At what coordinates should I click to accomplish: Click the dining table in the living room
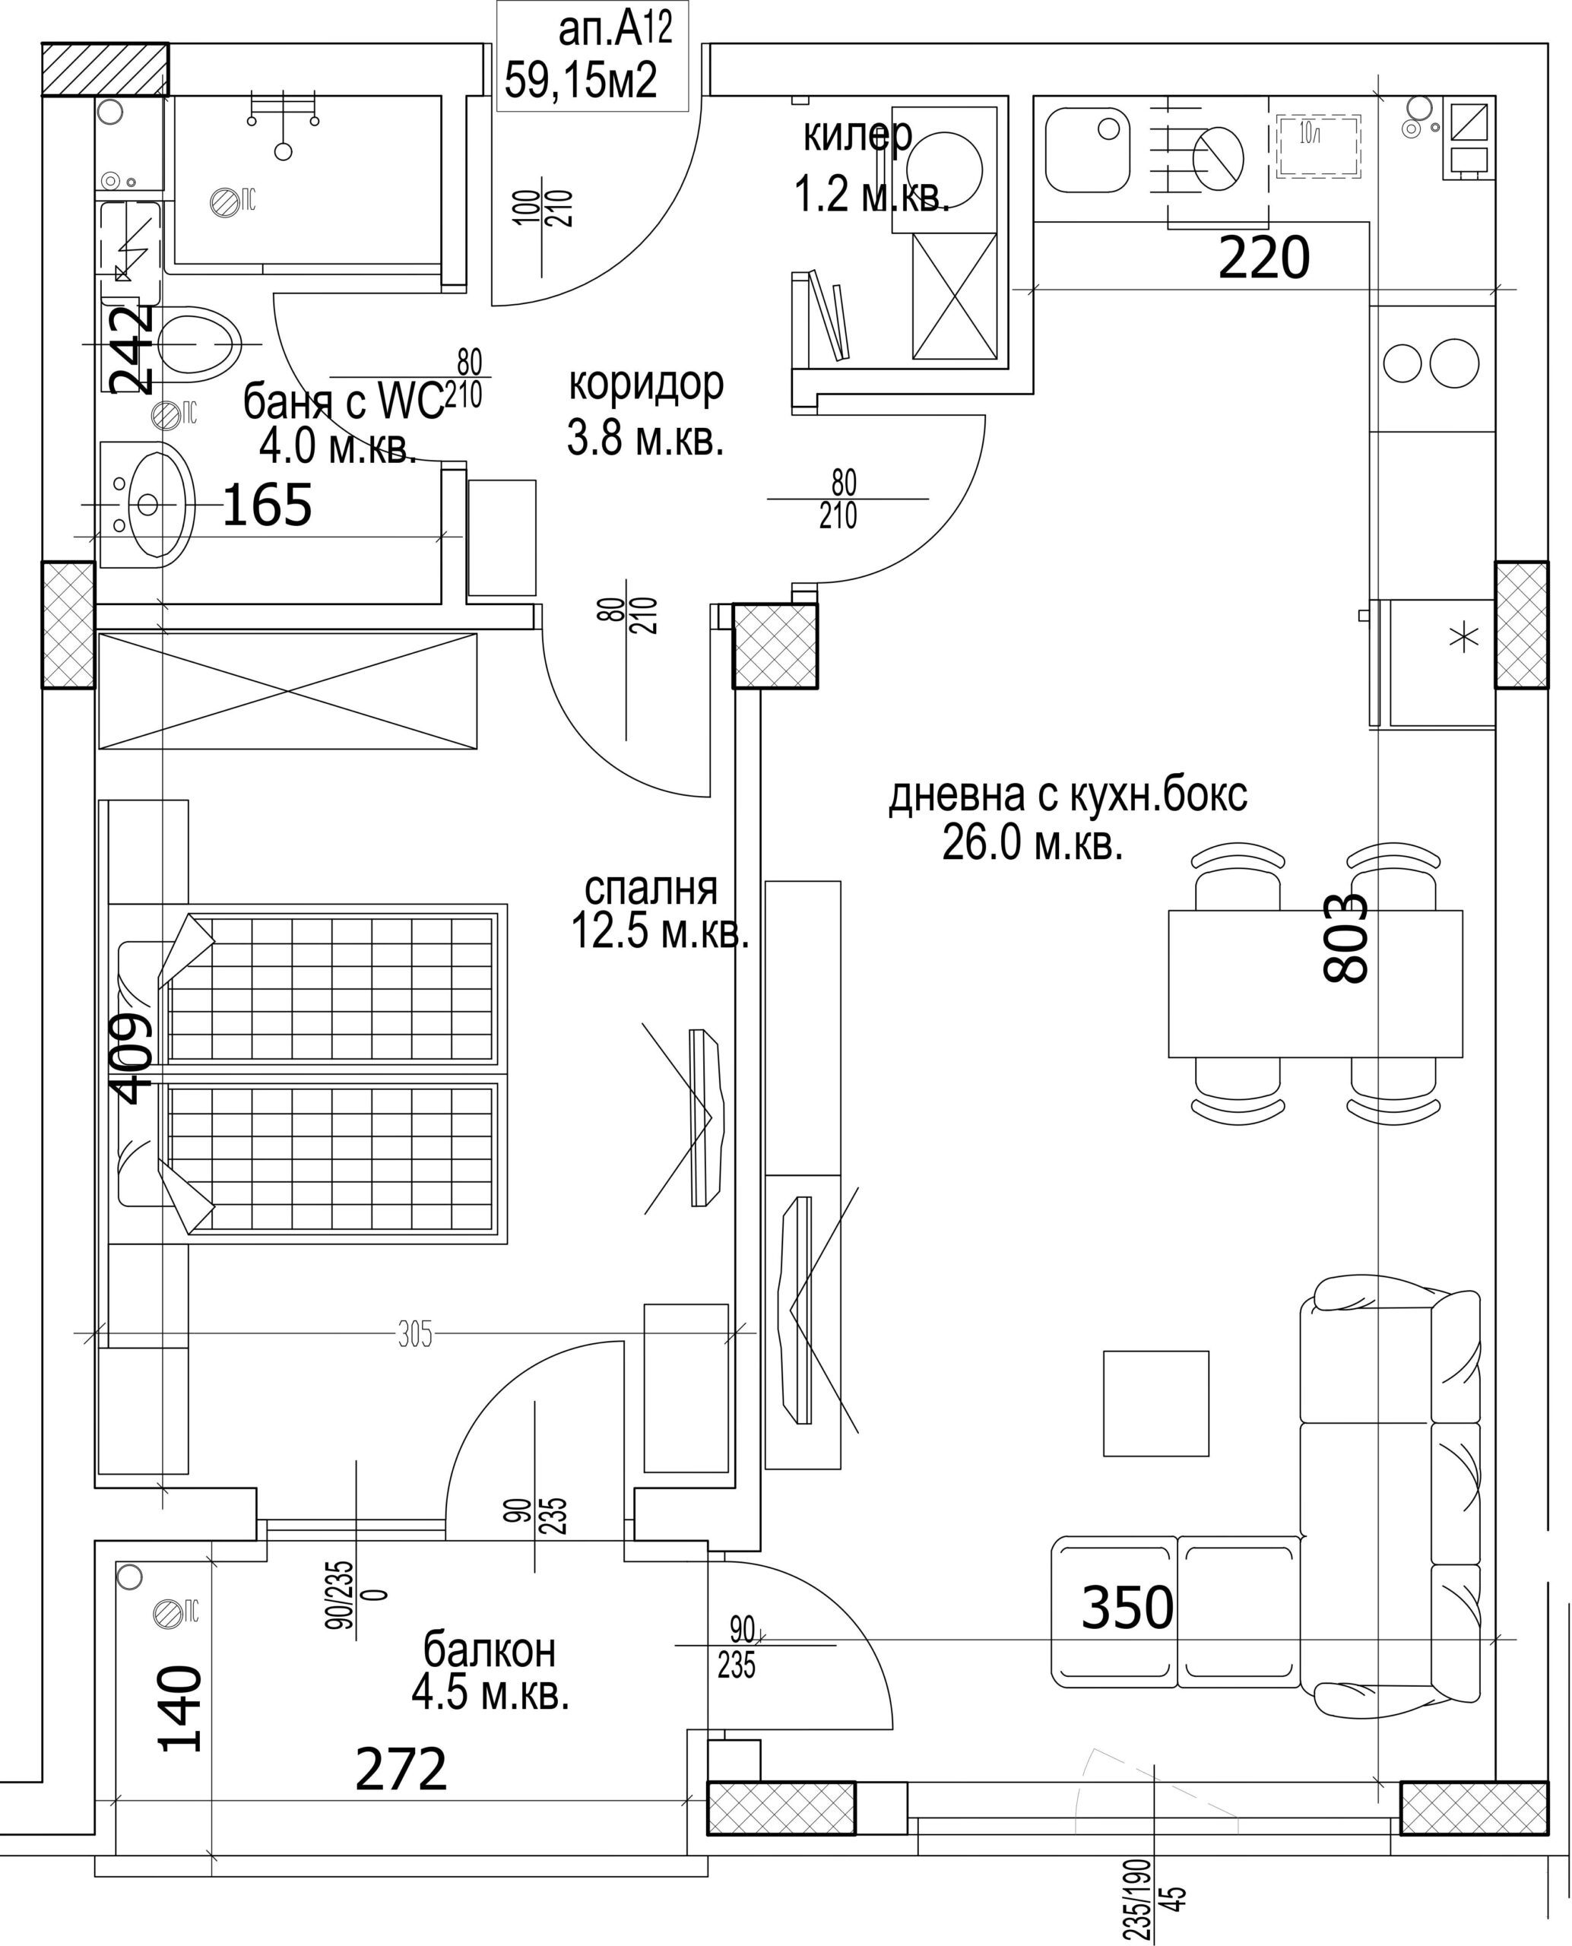coord(1315,984)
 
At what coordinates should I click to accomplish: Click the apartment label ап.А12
coord(615,31)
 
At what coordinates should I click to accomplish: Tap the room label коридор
coord(645,385)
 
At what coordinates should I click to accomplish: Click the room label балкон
coord(490,1650)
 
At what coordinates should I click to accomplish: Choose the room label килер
coord(857,136)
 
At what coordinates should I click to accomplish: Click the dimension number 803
coord(1345,938)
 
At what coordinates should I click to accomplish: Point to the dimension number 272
coord(401,1770)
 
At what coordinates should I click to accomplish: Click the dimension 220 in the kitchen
coord(1264,258)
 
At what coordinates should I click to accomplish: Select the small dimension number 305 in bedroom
coord(415,1335)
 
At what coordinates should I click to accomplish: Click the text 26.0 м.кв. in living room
coord(1032,843)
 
